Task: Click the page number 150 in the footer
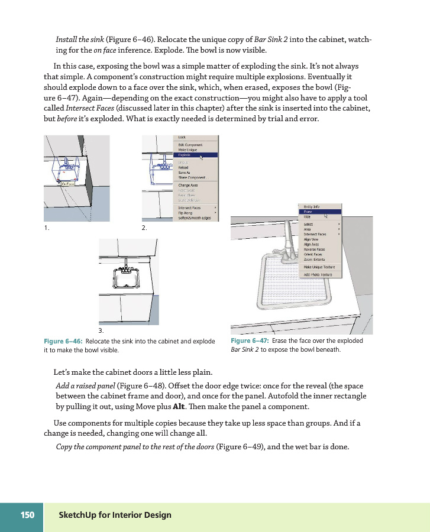27,515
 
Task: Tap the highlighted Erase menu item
309,211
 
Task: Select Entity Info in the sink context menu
312,206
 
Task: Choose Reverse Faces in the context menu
314,249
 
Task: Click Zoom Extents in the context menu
314,259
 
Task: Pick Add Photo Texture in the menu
318,275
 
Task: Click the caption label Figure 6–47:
250,341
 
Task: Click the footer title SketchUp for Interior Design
115,515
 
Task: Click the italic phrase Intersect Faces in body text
86,109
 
